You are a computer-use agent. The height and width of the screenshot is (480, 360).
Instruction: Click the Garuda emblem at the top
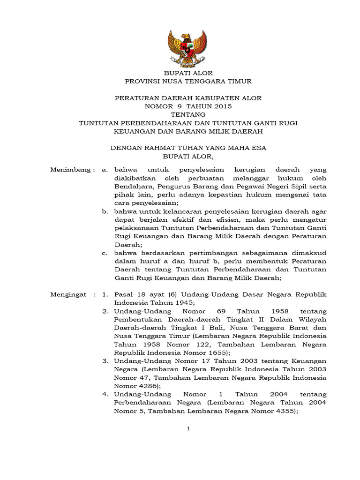[187, 49]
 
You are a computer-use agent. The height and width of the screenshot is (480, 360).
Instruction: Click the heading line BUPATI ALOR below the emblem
[187, 73]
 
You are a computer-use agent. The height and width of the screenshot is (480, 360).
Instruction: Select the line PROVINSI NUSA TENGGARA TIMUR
[188, 82]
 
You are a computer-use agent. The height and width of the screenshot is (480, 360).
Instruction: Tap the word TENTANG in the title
[188, 115]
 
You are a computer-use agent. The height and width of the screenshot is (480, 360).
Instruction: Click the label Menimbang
[72, 170]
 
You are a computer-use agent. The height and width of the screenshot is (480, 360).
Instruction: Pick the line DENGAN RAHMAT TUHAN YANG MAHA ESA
[188, 148]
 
